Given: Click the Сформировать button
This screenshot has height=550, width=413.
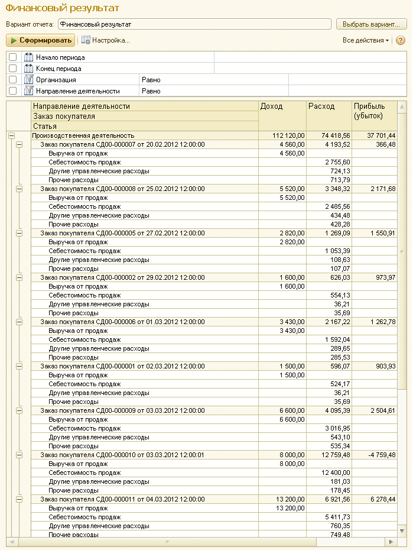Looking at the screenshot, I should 41,40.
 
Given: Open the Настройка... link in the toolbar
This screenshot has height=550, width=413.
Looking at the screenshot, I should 106,40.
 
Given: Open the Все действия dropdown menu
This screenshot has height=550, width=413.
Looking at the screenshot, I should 366,40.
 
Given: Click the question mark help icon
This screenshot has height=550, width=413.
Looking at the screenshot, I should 401,40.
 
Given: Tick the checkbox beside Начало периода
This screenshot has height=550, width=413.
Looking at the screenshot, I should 13,57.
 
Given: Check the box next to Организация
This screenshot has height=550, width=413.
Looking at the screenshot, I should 13,79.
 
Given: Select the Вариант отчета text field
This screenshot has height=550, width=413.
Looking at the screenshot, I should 194,24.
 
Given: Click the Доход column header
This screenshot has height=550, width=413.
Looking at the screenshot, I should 272,106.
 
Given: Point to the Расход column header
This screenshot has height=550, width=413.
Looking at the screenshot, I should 321,106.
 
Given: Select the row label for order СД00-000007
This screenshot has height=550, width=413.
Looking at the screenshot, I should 122,144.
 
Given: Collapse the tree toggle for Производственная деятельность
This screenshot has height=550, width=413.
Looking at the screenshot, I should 11,135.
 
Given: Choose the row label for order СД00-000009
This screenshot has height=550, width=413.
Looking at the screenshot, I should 122,410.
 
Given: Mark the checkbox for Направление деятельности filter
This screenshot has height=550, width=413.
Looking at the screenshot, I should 13,90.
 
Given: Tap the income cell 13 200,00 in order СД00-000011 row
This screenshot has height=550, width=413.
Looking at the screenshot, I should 288,499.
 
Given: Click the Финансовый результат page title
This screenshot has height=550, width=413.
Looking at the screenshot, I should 63,8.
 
